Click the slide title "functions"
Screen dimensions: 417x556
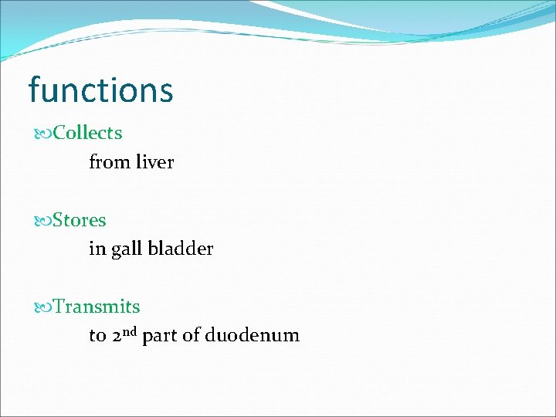(x=100, y=90)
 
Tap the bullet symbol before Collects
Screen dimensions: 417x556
(x=43, y=134)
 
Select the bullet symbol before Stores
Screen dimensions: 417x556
(x=43, y=221)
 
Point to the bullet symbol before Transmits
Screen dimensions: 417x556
(x=43, y=307)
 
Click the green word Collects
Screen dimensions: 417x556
(x=87, y=133)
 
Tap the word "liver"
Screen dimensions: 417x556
(x=154, y=162)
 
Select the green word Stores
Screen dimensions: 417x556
(x=80, y=220)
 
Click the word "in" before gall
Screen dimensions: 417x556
(x=97, y=249)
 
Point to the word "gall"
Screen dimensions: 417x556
(x=126, y=249)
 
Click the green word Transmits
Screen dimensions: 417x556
(x=97, y=307)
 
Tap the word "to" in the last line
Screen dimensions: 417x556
(x=97, y=337)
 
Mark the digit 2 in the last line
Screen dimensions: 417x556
(x=117, y=337)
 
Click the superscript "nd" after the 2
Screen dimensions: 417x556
(x=130, y=331)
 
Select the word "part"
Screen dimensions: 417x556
(x=160, y=337)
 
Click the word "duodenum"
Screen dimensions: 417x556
(x=252, y=336)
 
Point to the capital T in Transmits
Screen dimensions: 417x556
(x=59, y=307)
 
